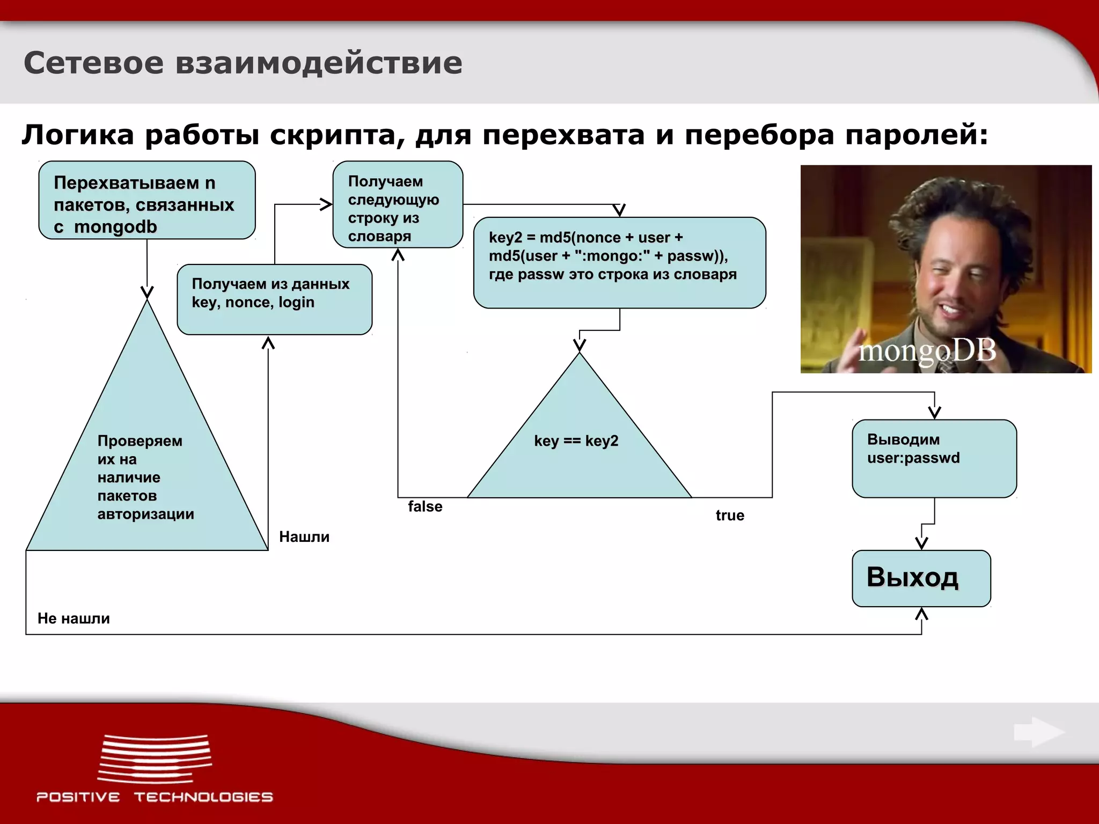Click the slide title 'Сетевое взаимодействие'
coord(243,63)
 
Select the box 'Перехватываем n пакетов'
coord(146,201)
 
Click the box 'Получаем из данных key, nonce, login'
coord(274,299)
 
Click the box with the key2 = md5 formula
coord(619,262)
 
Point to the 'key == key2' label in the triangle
coord(576,441)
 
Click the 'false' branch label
coord(425,506)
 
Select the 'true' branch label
coord(730,516)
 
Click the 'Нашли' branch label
coord(304,537)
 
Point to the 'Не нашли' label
coord(74,619)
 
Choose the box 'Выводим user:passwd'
coord(934,459)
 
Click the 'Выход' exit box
coord(921,578)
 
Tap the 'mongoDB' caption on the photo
coord(927,351)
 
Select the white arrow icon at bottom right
coord(1038,732)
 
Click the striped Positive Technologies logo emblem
coord(155,758)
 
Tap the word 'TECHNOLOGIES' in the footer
coord(203,797)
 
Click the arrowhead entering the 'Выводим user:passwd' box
coord(934,412)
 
